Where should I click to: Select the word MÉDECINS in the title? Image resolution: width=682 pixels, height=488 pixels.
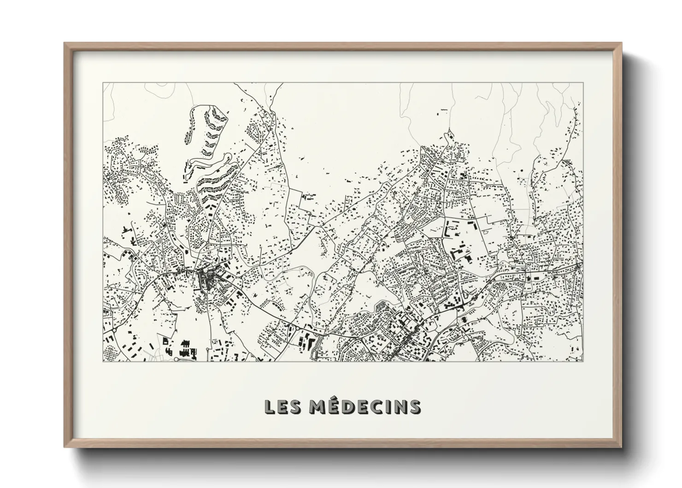364,406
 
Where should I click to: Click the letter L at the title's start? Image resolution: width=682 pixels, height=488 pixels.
269,406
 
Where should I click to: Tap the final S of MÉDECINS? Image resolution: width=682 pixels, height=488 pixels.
415,406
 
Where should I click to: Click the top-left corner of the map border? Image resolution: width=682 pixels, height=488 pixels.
103,83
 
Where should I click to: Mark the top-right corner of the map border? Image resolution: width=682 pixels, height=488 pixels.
582,83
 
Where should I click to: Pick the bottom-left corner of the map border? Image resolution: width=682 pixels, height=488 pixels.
103,361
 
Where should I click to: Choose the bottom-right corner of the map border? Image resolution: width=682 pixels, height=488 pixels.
582,361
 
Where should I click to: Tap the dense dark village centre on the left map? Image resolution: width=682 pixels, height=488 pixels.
206,279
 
